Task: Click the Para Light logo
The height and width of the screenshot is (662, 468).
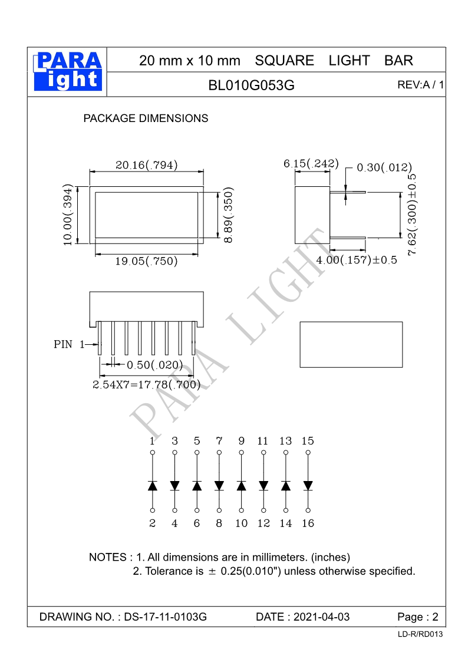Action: coord(68,71)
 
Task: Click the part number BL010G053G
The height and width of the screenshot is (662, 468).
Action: coord(251,85)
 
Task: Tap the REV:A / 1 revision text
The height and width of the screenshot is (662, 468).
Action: coord(420,85)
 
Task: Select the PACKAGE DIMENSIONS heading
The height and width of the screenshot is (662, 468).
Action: coord(146,118)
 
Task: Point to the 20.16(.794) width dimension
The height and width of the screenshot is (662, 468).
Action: coord(146,164)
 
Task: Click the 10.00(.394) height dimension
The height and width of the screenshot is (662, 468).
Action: coord(68,215)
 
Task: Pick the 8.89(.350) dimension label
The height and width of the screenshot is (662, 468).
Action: coord(228,215)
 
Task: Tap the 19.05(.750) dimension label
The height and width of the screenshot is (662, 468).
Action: coord(146,261)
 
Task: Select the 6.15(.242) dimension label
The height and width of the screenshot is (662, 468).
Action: coord(311,163)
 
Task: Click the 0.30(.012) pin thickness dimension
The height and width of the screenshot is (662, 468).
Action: coord(384,167)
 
